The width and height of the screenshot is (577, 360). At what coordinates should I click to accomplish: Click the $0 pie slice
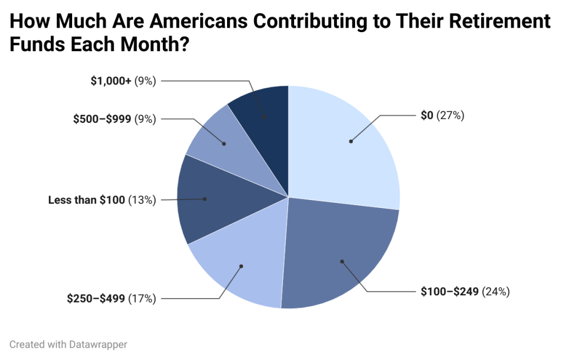tap(338, 152)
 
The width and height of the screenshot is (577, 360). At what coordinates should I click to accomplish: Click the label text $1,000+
tap(111, 81)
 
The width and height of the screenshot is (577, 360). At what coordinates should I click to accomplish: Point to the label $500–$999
tap(102, 119)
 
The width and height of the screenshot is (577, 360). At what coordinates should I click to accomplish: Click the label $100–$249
tap(450, 291)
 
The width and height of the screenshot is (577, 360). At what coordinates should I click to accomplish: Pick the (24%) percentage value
tap(496, 291)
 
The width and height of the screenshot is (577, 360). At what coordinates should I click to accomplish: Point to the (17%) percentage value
tap(142, 299)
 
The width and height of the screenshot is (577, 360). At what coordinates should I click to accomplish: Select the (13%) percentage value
tap(142, 200)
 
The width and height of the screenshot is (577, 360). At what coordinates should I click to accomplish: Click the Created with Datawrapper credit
tap(68, 344)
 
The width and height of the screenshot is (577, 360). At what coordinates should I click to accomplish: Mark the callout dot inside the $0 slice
tap(350, 141)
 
